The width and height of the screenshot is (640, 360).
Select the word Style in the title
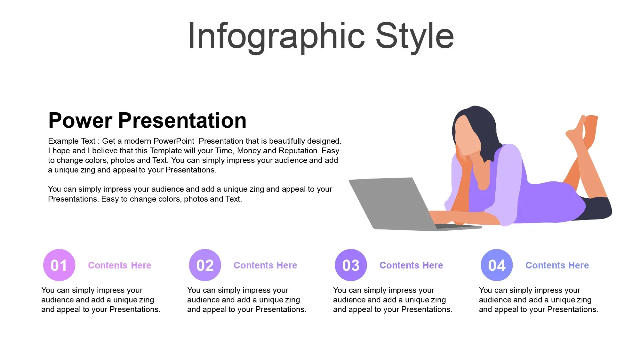pos(415,36)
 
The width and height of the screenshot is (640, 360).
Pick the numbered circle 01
pos(59,265)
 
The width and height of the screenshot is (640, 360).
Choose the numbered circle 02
pos(205,265)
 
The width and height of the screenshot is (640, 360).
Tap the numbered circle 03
pos(351,265)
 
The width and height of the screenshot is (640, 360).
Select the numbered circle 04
pos(497,265)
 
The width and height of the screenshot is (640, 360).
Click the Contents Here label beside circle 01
pos(120,265)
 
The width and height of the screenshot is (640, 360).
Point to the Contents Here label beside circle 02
pos(265,265)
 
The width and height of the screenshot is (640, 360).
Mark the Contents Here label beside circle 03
pos(411,265)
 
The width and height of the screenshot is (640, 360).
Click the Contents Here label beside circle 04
pos(557,265)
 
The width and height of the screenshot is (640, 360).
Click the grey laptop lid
pos(394,203)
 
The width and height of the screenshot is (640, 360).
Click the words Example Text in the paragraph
pos(72,141)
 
